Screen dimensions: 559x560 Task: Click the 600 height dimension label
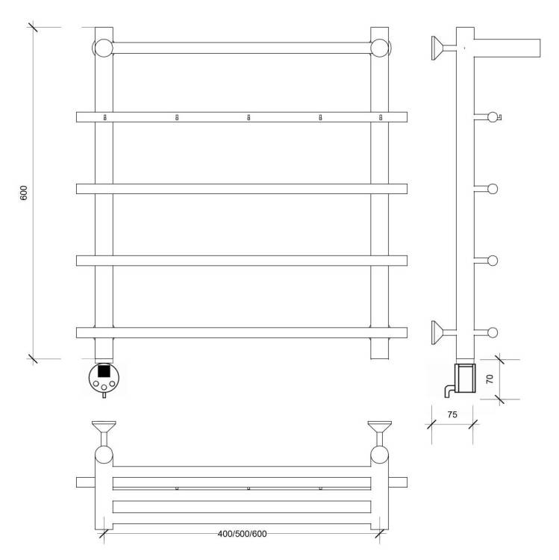pos(24,193)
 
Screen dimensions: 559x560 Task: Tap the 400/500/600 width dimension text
pos(242,534)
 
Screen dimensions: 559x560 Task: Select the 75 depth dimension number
pos(452,414)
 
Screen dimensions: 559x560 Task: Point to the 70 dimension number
pos(490,379)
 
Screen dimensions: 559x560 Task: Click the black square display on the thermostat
pos(104,370)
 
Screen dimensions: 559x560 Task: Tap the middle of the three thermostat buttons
pos(104,387)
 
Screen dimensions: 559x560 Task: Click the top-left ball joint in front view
pos(104,48)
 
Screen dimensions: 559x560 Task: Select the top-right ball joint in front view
pos(379,48)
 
